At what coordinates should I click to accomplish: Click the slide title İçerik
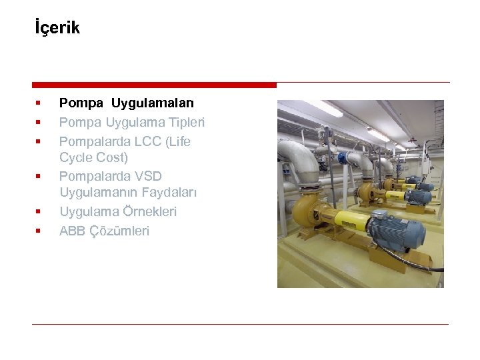(x=57, y=28)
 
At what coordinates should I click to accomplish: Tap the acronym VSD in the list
(x=147, y=176)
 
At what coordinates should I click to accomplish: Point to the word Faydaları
(x=169, y=193)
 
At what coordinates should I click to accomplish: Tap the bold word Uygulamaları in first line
(x=153, y=103)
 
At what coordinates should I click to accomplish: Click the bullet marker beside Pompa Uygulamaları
(x=38, y=103)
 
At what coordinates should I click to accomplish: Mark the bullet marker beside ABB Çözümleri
(x=38, y=231)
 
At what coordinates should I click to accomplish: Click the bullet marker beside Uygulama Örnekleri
(x=38, y=212)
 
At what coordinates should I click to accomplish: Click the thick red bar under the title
(x=154, y=85)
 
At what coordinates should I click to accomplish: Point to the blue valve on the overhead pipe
(x=347, y=157)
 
